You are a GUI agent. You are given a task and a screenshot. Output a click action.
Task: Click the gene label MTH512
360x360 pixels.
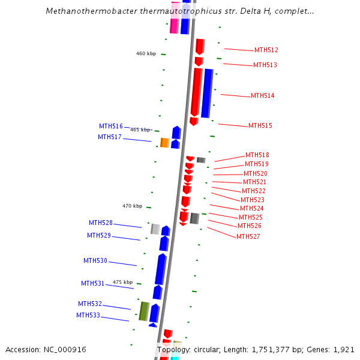266,50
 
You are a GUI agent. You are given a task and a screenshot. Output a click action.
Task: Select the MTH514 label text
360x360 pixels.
263,95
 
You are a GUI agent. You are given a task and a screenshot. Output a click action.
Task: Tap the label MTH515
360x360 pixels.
260,125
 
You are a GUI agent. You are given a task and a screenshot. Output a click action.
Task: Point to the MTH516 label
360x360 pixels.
111,126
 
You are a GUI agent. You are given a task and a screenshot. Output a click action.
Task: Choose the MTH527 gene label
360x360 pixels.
248,236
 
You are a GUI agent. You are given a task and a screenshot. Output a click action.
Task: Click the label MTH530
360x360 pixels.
95,260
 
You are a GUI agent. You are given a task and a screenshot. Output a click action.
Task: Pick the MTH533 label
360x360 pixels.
88,315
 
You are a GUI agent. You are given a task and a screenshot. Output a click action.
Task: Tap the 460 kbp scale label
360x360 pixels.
146,53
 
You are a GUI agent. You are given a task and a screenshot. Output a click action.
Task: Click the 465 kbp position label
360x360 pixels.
140,130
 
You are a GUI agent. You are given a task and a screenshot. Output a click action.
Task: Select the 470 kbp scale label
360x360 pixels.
132,206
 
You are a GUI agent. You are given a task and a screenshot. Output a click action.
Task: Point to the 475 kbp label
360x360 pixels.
122,282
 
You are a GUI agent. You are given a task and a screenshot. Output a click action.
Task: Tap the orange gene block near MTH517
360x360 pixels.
164,143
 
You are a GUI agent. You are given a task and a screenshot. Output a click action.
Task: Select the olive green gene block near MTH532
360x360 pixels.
144,311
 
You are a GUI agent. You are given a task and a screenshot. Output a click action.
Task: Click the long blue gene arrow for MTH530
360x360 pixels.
160,269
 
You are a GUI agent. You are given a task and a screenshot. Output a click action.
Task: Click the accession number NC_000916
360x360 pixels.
63,349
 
